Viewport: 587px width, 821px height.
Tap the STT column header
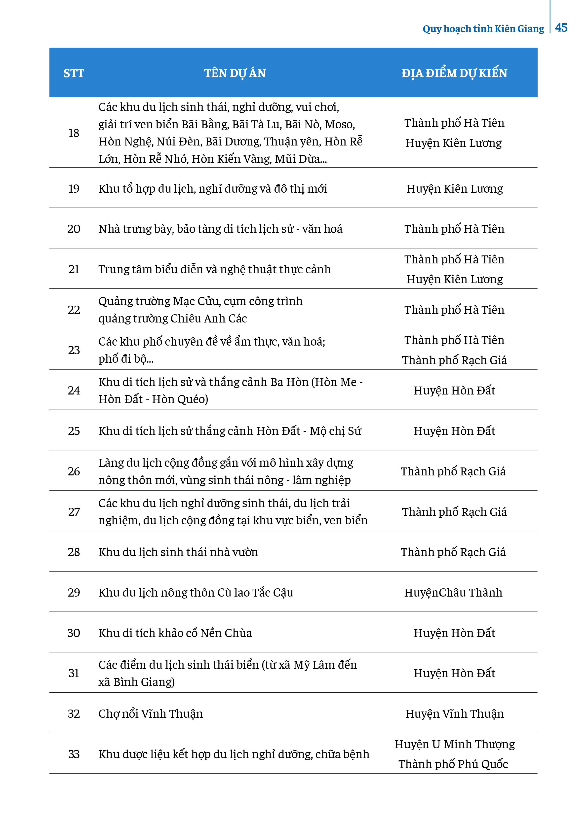(x=74, y=73)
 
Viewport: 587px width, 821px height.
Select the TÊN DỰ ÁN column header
(x=235, y=73)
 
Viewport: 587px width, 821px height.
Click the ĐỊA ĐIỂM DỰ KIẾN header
(x=454, y=73)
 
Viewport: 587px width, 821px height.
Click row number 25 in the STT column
(x=74, y=431)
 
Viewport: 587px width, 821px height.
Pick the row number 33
(x=74, y=754)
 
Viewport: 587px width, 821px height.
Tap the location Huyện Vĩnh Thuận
(x=454, y=714)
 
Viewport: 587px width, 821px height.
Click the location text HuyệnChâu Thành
(x=453, y=592)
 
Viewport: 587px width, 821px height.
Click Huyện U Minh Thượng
(x=455, y=744)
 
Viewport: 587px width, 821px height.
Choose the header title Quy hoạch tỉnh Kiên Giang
(x=483, y=29)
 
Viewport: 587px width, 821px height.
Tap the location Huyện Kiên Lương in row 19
(x=455, y=188)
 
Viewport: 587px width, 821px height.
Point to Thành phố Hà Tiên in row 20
(x=454, y=229)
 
